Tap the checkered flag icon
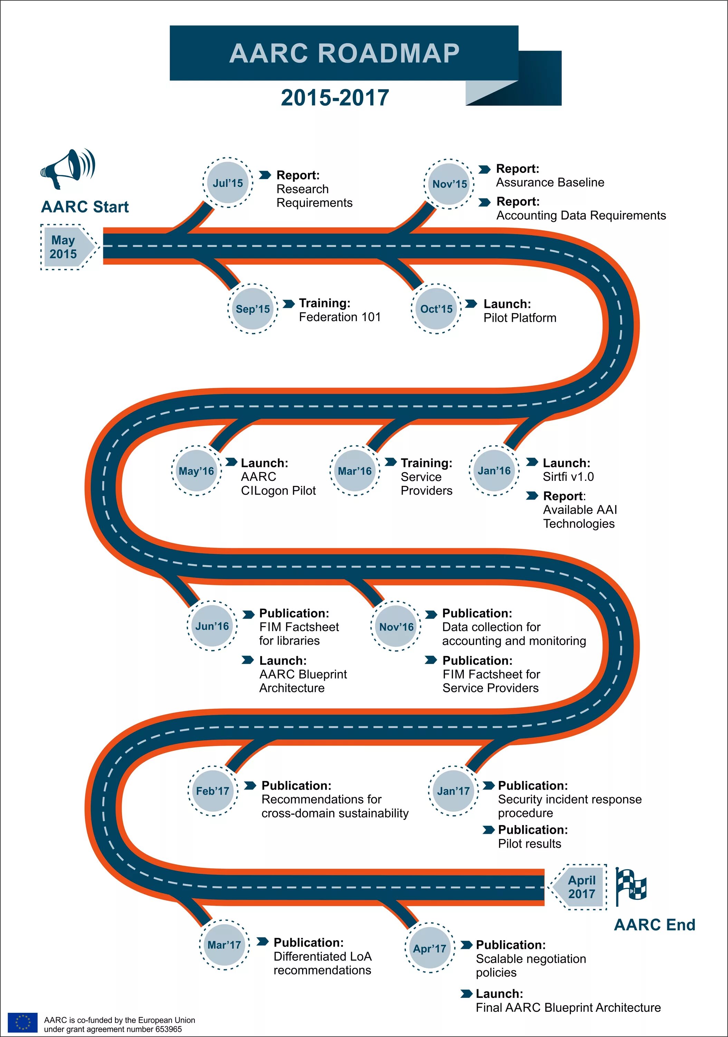tap(631, 886)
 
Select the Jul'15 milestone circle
tap(228, 183)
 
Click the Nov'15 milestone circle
tap(450, 184)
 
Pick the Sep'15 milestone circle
tap(253, 309)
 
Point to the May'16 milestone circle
tap(196, 471)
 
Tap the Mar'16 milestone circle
tap(355, 471)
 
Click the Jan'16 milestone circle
tap(494, 470)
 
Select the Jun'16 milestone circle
tap(212, 626)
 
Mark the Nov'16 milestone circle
tap(396, 626)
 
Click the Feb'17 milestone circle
tap(213, 791)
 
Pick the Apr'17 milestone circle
tap(429, 949)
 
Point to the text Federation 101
tap(340, 317)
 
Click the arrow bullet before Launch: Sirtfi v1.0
tap(532, 461)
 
